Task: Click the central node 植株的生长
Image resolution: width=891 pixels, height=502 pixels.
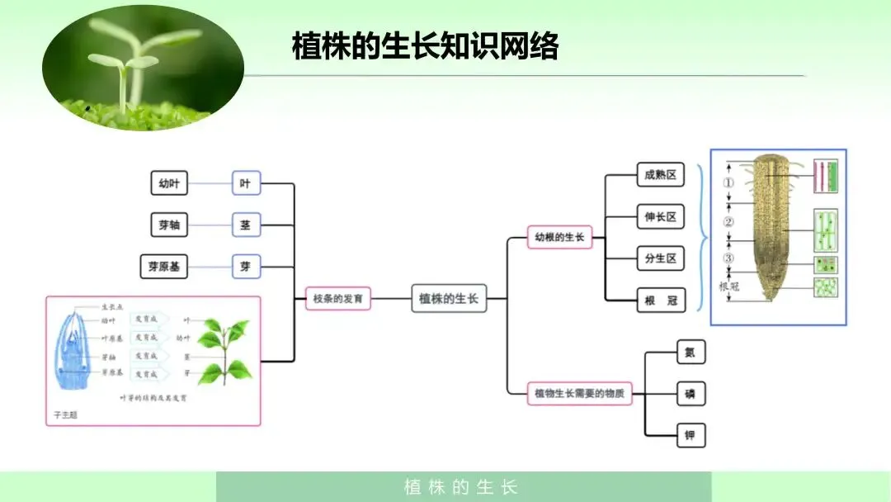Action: [x=449, y=298]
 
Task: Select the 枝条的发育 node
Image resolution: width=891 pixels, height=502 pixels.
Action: [x=338, y=298]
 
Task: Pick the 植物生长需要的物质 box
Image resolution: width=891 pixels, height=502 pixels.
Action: [x=580, y=393]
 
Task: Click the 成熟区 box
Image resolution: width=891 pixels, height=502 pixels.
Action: [x=661, y=175]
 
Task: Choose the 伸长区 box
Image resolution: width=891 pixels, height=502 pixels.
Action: [x=661, y=217]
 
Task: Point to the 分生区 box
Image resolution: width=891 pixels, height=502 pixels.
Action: [x=661, y=258]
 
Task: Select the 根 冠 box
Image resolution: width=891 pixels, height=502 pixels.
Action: [x=661, y=300]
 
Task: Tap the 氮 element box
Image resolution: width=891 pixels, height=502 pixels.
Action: [x=691, y=353]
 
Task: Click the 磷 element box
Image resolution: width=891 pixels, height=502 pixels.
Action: [x=691, y=394]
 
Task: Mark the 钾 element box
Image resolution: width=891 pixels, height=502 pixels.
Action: [x=691, y=434]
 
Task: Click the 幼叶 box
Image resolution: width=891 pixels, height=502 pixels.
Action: [x=169, y=183]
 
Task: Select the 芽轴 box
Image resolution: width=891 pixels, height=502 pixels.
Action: [x=169, y=225]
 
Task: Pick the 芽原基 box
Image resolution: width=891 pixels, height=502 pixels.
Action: [x=163, y=267]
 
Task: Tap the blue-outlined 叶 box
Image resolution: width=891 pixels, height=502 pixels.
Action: [x=245, y=183]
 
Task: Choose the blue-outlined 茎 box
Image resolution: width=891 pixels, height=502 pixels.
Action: [x=245, y=225]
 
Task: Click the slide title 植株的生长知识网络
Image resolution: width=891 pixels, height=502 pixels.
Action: [x=425, y=47]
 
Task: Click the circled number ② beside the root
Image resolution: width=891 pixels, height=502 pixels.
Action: [x=728, y=222]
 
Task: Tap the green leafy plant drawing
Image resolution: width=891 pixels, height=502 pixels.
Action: [x=223, y=351]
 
